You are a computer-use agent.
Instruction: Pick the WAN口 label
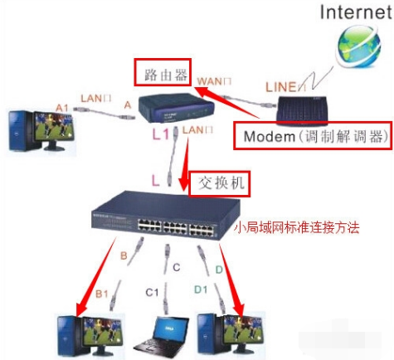[212, 80]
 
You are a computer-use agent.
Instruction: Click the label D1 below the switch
[200, 290]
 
